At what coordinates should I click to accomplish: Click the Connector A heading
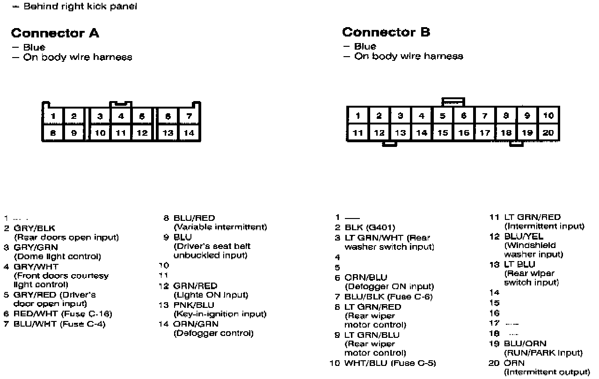55,33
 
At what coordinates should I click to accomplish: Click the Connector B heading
386,32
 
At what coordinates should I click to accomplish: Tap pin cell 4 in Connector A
121,116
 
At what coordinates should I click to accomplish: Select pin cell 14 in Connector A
189,133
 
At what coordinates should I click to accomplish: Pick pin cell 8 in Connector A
53,133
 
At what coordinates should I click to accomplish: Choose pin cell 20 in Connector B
548,133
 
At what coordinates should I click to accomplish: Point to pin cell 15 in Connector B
443,133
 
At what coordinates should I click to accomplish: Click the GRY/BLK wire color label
35,228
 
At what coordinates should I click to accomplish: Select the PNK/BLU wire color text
194,305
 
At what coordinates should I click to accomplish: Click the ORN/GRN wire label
196,324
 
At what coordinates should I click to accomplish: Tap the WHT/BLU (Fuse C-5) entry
390,363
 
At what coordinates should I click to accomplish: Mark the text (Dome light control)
58,256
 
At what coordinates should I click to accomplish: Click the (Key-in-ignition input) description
220,314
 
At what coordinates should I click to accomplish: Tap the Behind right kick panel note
80,7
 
